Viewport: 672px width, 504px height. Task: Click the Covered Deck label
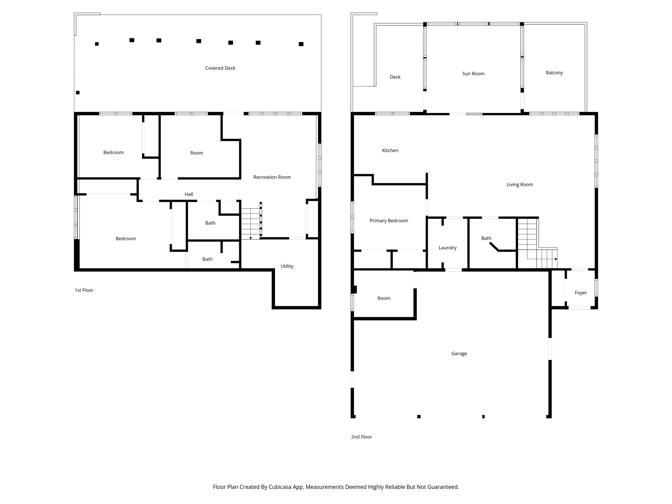click(220, 68)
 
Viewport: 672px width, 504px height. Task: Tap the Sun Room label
click(473, 74)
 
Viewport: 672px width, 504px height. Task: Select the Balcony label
click(554, 73)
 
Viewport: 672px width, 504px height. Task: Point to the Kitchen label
click(390, 151)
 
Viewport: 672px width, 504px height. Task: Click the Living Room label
click(519, 185)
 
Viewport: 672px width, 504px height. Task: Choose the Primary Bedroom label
click(388, 221)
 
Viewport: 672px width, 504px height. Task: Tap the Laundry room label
click(447, 248)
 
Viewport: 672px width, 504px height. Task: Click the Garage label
click(459, 354)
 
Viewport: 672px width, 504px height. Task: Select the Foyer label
click(580, 293)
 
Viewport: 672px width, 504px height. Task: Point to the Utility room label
click(286, 266)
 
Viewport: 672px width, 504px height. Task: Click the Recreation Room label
click(272, 177)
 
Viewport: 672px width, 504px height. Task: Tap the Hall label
click(189, 195)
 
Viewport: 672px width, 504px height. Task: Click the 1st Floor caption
click(84, 290)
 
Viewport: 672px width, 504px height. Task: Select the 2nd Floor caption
click(361, 437)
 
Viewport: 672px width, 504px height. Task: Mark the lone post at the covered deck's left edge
click(78, 93)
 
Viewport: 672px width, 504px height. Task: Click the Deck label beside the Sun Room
click(395, 77)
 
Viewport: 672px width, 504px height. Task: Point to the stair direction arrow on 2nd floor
click(556, 259)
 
